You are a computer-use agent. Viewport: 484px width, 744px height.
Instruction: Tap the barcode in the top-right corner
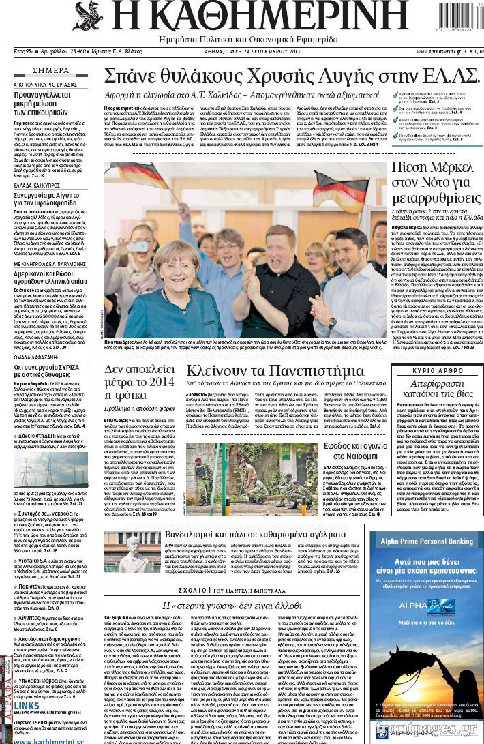coord(458,15)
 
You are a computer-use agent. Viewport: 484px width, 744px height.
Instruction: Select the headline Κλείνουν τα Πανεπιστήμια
coord(275,371)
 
